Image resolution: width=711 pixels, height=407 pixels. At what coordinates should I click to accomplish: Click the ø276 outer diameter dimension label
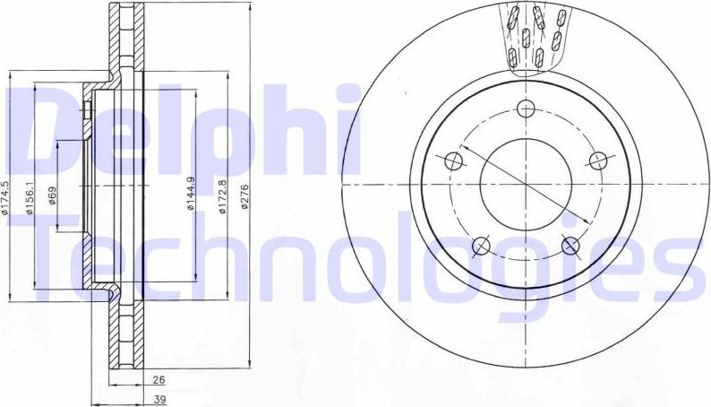[x=244, y=196]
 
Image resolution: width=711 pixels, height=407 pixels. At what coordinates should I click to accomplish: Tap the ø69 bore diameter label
[x=53, y=195]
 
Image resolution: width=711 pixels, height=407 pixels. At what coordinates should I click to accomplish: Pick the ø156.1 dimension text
[x=30, y=199]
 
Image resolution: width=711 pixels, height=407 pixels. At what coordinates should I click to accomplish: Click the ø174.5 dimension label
[x=5, y=198]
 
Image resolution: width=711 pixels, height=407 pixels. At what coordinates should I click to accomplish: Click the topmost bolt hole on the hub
[x=526, y=109]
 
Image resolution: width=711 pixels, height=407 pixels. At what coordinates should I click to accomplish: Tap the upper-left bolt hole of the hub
[x=453, y=161]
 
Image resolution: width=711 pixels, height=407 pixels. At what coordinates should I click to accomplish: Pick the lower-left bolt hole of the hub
[x=481, y=246]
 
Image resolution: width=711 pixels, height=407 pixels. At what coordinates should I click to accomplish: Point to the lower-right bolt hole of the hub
[x=570, y=246]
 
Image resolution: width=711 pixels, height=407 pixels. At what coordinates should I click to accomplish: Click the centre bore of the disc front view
[x=526, y=185]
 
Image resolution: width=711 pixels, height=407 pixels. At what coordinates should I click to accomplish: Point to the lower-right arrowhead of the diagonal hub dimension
[x=587, y=223]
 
